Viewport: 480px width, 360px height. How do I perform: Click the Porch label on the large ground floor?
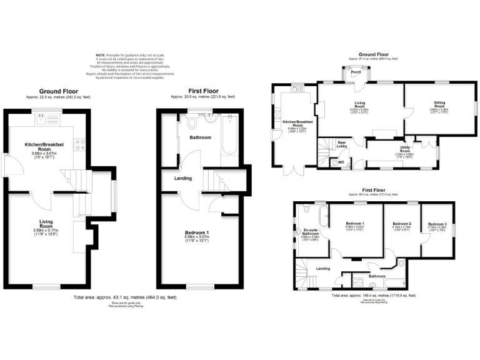356,72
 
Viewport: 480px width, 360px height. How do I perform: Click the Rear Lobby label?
342,144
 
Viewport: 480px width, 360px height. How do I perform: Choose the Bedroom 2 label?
401,224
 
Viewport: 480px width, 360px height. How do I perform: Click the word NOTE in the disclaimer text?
100,55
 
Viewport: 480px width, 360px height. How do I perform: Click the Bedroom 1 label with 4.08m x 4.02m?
355,223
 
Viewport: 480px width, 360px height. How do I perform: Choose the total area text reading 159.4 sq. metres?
372,295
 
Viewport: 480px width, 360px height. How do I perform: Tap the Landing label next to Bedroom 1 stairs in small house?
183,178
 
